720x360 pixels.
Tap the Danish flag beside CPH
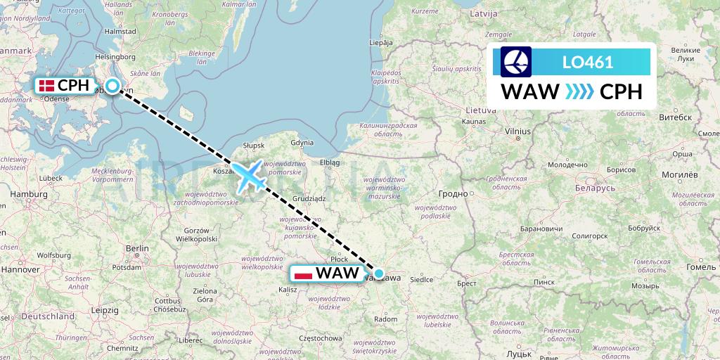(x=47, y=86)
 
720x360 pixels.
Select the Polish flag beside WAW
(x=304, y=273)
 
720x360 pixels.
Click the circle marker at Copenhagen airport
(x=112, y=86)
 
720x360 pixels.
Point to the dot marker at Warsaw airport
(x=379, y=274)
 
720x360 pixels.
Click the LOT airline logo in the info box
(x=516, y=61)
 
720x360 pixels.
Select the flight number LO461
(x=588, y=62)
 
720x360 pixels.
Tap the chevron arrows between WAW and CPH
(x=579, y=92)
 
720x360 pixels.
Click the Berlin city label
(x=137, y=248)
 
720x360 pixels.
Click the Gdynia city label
(x=302, y=142)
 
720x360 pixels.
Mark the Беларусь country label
(x=596, y=188)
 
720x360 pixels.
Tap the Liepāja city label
(x=380, y=42)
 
